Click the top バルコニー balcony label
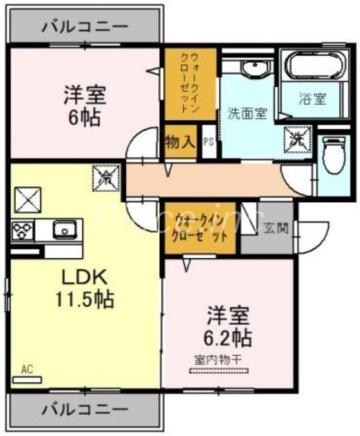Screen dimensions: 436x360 point(85,26)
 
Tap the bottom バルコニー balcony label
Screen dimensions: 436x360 point(85,408)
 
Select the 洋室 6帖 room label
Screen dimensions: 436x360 point(84,106)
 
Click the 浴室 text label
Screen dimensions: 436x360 point(313,99)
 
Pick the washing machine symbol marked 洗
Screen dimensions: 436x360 point(297,137)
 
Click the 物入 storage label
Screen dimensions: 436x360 point(180,143)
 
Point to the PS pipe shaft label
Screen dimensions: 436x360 point(208,143)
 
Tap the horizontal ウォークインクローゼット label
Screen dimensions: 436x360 point(201,228)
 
